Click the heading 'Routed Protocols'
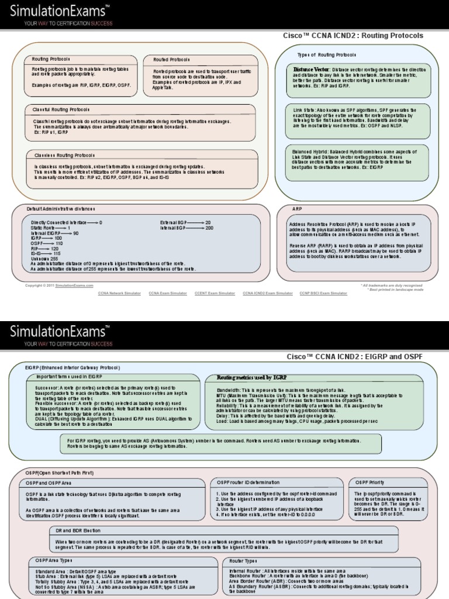(171, 60)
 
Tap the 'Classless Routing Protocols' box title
(64, 156)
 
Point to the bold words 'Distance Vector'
(311, 69)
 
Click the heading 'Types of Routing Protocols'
(326, 54)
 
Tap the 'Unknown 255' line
(44, 259)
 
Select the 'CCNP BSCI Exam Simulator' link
(323, 292)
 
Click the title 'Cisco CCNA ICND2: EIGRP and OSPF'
(354, 356)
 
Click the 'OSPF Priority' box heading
(369, 482)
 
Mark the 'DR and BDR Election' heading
(77, 530)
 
